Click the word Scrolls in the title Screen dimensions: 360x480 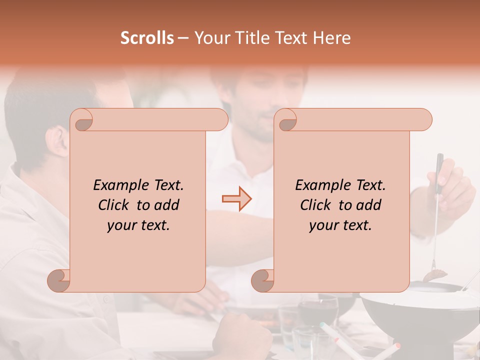click(147, 38)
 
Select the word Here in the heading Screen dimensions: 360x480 click(331, 38)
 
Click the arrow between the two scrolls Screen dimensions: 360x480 click(236, 199)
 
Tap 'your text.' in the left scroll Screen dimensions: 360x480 click(138, 225)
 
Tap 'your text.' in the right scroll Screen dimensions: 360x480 click(340, 225)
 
